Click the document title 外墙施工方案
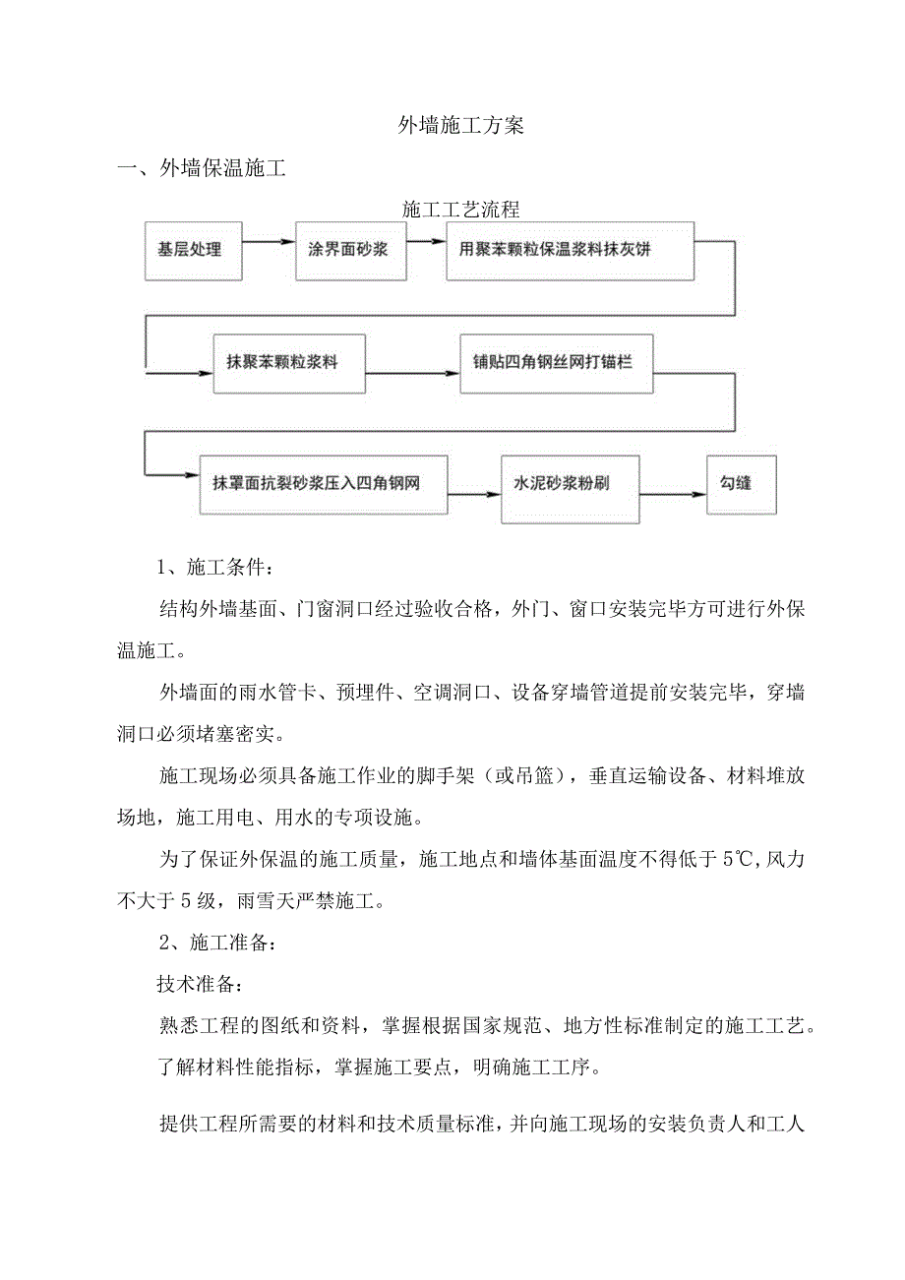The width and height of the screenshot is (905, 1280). [460, 126]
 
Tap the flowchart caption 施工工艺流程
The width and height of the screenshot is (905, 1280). [460, 210]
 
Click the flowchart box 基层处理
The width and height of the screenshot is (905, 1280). [191, 249]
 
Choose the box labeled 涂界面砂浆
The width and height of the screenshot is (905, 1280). [342, 249]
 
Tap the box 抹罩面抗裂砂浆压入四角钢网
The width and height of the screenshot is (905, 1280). [324, 483]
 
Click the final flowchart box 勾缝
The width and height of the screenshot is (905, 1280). [742, 483]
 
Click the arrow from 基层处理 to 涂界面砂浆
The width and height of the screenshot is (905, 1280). [268, 240]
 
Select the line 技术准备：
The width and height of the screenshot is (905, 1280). [197, 984]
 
